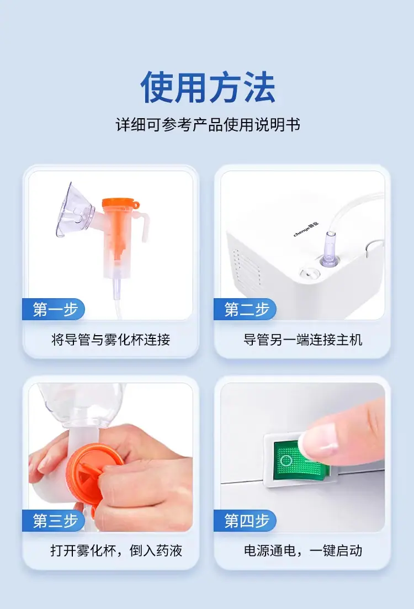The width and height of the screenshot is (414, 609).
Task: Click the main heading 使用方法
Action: tap(208, 87)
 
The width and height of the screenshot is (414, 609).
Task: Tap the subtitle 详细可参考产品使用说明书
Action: tap(208, 125)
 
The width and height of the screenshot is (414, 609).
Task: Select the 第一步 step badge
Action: tap(54, 309)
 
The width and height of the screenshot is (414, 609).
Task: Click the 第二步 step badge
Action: tap(245, 309)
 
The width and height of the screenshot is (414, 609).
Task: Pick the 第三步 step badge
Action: tap(54, 521)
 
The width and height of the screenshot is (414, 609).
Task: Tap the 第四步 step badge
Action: tap(245, 521)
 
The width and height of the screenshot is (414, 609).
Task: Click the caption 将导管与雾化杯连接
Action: tap(111, 340)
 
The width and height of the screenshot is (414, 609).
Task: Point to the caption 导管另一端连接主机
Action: tap(302, 340)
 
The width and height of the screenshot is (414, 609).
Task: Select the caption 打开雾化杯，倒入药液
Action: tap(116, 550)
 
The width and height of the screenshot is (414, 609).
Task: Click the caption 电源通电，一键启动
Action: tap(303, 550)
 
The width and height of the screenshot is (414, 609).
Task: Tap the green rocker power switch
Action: tap(300, 460)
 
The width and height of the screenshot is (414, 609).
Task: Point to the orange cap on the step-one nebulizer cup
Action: tap(120, 204)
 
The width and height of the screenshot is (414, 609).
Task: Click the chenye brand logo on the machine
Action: tap(306, 229)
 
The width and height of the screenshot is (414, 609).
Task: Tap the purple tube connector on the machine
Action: tap(330, 248)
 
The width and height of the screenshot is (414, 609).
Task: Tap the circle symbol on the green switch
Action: tap(286, 460)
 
